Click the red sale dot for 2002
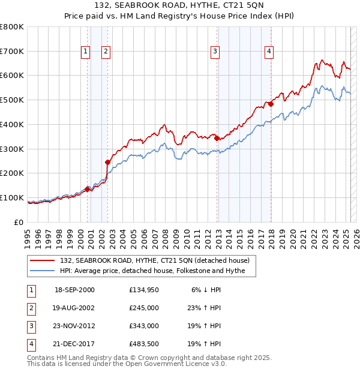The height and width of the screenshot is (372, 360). click(x=107, y=161)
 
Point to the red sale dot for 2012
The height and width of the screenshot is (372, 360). click(x=217, y=137)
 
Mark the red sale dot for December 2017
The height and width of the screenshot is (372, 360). click(x=271, y=103)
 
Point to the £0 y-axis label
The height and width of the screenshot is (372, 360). click(x=19, y=222)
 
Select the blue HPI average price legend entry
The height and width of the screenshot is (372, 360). click(x=157, y=271)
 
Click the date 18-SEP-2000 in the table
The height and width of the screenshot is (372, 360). click(x=74, y=290)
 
